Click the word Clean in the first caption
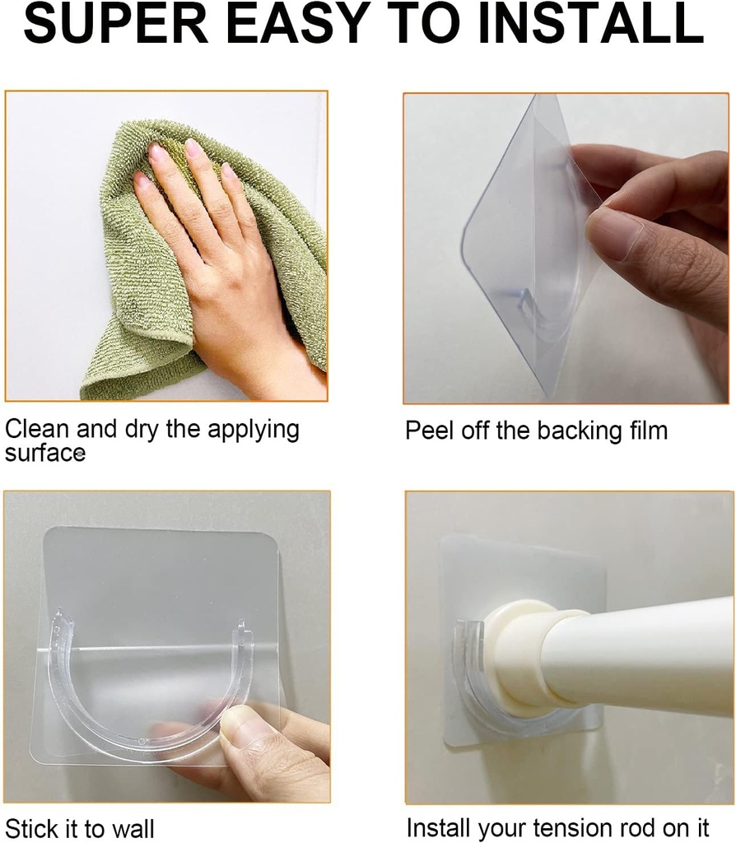[37, 429]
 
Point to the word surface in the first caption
[44, 453]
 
